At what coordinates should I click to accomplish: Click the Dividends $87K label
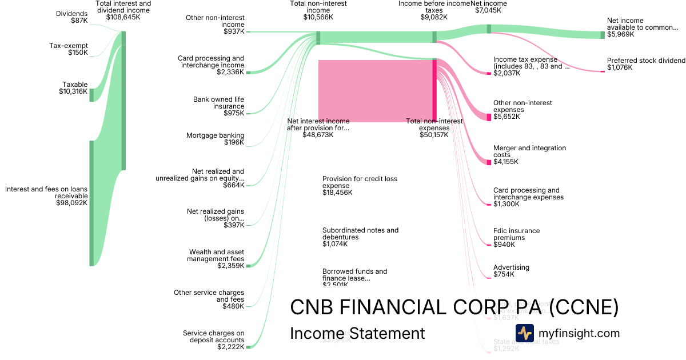(71, 17)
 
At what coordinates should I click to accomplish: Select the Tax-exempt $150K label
(69, 49)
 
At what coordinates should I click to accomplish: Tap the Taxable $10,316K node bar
(91, 95)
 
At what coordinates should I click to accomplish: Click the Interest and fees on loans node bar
(91, 203)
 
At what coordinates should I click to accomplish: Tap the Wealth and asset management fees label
(216, 255)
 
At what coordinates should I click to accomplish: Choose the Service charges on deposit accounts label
(213, 337)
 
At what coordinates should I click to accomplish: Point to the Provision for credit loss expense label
(360, 182)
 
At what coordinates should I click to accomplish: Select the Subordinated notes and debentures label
(360, 233)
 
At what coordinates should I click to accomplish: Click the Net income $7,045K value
(488, 10)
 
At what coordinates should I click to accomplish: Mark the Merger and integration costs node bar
(489, 162)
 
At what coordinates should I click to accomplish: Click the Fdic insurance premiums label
(516, 234)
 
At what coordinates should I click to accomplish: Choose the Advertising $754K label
(511, 271)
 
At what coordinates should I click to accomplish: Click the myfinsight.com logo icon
(524, 333)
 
